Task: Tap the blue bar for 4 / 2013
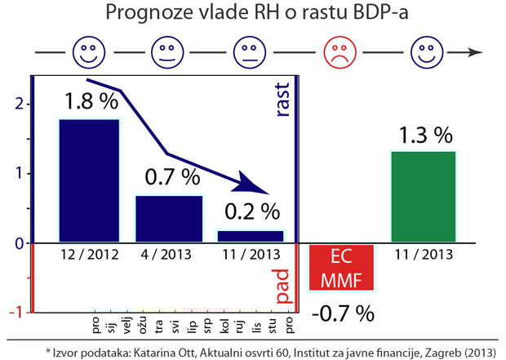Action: pyautogui.click(x=169, y=218)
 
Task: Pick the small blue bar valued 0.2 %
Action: pyautogui.click(x=250, y=237)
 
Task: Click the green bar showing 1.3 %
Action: pyautogui.click(x=423, y=197)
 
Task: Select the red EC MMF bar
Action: pyautogui.click(x=342, y=268)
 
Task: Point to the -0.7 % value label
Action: pyautogui.click(x=342, y=313)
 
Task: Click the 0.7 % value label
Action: pyautogui.click(x=172, y=176)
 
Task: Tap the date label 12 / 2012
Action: pyautogui.click(x=90, y=254)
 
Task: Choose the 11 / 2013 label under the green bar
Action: pyautogui.click(x=423, y=254)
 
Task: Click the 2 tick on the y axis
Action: pyautogui.click(x=17, y=104)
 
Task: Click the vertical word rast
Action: pyautogui.click(x=283, y=103)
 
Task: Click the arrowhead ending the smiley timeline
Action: pyautogui.click(x=475, y=53)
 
